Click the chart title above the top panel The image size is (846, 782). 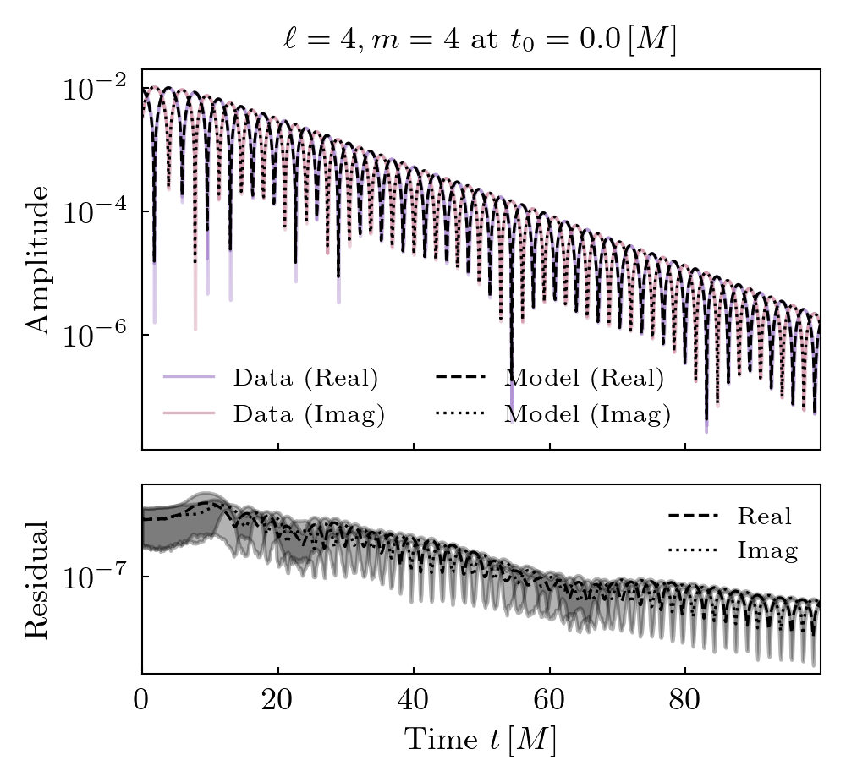(480, 41)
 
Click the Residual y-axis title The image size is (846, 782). (38, 579)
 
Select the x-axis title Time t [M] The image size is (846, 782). (480, 740)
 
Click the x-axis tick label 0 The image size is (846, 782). (142, 703)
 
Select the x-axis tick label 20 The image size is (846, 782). (277, 703)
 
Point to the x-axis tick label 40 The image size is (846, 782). (414, 703)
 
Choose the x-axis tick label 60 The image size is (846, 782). (549, 703)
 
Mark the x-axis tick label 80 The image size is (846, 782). (685, 703)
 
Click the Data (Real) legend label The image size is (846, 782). (305, 378)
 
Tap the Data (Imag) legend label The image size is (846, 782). (309, 414)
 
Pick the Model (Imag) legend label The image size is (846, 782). (587, 414)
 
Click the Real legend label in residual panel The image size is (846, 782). (764, 516)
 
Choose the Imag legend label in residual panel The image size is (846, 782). (767, 551)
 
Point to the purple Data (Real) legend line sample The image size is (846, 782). (190, 378)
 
